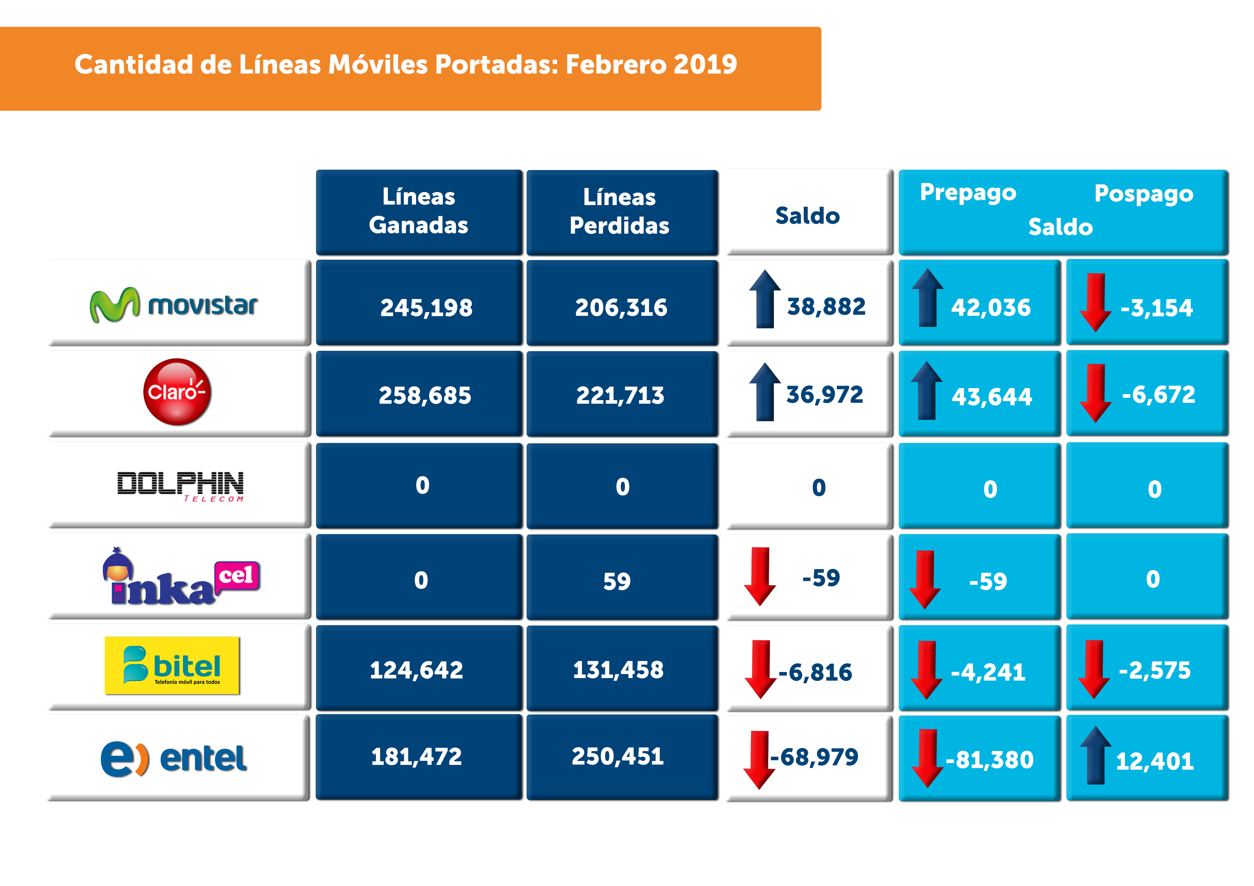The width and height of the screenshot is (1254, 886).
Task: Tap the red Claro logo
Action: click(177, 392)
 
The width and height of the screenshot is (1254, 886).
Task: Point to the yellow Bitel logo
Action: click(172, 666)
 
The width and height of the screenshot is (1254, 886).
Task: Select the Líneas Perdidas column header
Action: click(619, 211)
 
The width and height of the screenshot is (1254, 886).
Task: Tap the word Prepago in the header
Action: click(968, 192)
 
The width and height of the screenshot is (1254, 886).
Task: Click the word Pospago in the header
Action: click(1144, 194)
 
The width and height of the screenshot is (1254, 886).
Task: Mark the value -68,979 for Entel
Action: click(814, 757)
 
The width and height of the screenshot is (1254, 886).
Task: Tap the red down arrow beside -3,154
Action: click(1095, 302)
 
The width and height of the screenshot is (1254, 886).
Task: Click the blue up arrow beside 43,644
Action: click(927, 390)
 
